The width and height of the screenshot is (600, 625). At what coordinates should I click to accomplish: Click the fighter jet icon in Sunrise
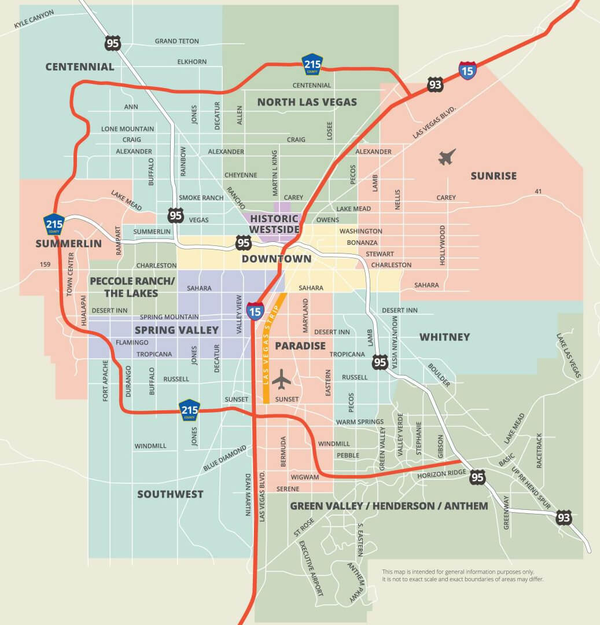point(447,157)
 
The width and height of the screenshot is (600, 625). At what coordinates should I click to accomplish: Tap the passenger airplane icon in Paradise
point(282,379)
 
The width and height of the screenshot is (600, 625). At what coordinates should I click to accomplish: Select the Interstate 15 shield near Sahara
point(255,311)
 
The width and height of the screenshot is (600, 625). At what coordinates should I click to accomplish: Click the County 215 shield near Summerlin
point(54,224)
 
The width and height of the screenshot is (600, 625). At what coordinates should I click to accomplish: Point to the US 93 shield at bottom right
point(564,517)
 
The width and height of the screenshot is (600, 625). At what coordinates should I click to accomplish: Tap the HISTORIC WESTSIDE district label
point(274,224)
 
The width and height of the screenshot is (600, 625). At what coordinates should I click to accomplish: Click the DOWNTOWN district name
point(276,259)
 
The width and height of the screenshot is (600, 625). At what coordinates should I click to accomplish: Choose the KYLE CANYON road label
point(34,19)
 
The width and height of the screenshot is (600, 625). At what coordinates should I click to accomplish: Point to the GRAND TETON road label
point(176,41)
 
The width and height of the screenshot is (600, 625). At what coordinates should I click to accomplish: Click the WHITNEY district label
point(444,337)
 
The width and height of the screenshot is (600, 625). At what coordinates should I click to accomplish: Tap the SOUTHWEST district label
point(170,494)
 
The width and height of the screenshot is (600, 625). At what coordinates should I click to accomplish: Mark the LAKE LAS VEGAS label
point(569,355)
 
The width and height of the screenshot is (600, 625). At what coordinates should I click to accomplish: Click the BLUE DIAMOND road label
point(224,458)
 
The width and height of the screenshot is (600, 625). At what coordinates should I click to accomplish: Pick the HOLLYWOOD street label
point(443,245)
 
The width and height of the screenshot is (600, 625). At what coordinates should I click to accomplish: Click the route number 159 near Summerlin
point(45,264)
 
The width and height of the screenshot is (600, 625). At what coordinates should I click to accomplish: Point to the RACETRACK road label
point(539,451)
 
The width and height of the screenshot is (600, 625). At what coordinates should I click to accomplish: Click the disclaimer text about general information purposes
point(462,575)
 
